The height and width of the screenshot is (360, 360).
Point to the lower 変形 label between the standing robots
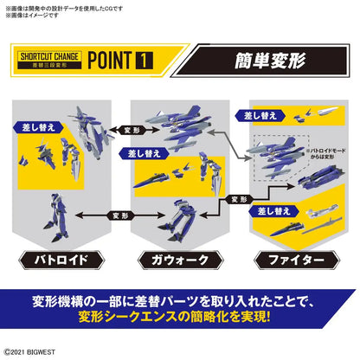119,213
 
